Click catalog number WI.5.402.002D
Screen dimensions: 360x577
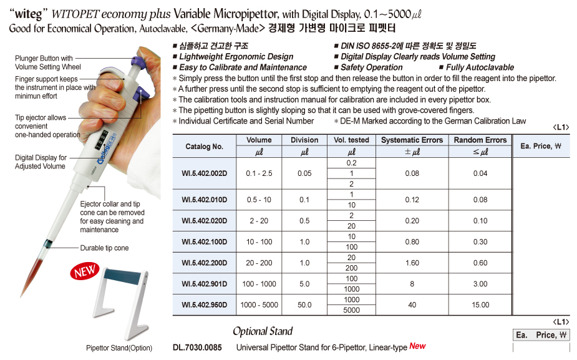(205, 173)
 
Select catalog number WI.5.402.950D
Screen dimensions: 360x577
(205, 305)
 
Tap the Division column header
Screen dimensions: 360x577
(304, 140)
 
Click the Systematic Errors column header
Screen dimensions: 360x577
(412, 140)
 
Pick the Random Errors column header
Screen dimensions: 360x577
(480, 140)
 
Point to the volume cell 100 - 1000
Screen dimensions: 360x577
(259, 284)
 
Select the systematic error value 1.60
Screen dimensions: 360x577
(412, 263)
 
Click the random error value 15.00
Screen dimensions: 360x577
(480, 305)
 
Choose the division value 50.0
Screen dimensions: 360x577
(304, 305)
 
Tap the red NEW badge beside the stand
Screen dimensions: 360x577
(85, 271)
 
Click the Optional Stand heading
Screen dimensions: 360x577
(263, 331)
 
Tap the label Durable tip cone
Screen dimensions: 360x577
(104, 248)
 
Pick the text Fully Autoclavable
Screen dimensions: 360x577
(480, 67)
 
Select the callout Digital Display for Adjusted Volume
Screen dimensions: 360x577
(41, 162)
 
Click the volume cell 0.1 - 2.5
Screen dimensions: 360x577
(259, 173)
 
